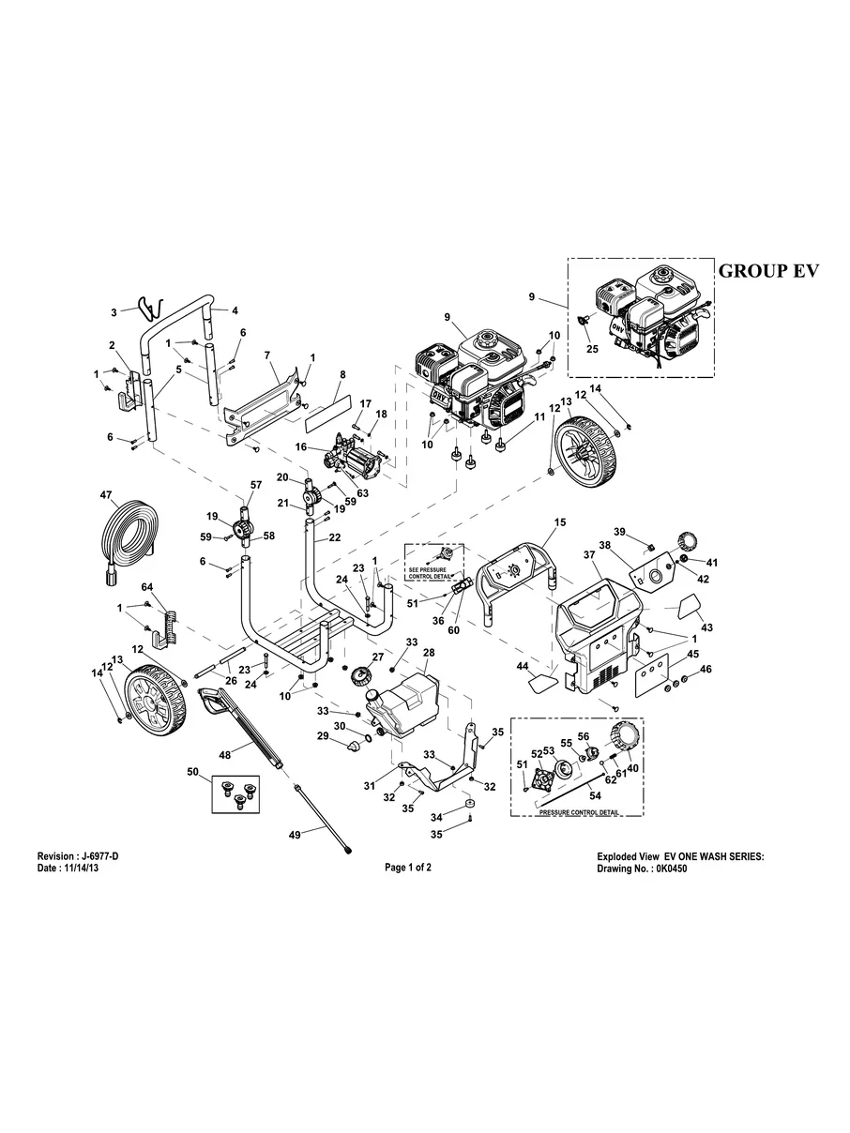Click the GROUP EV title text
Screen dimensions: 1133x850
[x=768, y=271]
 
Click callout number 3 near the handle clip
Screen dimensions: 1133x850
[x=114, y=312]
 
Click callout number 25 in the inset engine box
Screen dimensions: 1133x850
[x=591, y=349]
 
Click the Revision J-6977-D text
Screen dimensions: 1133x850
[x=78, y=857]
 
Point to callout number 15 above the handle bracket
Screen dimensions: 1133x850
[x=560, y=521]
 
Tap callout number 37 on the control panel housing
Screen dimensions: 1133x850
[x=589, y=556]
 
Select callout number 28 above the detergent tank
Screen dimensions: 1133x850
[x=429, y=652]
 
